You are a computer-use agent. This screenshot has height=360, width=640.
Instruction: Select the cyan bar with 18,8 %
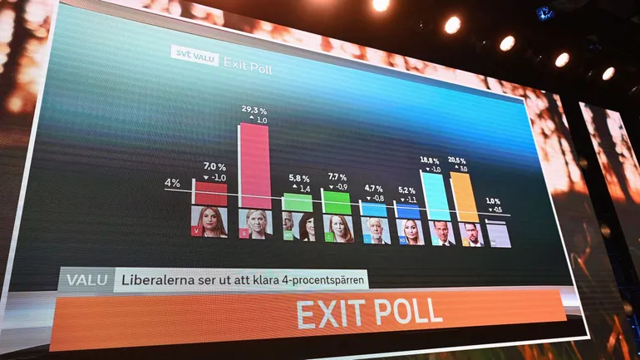pyautogui.click(x=436, y=196)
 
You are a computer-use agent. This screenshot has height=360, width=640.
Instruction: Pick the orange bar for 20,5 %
pyautogui.click(x=465, y=197)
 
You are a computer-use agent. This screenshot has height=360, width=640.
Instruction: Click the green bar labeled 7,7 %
pyautogui.click(x=337, y=201)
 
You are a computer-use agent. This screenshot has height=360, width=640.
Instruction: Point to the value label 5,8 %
pyautogui.click(x=299, y=178)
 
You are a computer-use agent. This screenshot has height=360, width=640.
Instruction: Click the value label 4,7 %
pyautogui.click(x=374, y=189)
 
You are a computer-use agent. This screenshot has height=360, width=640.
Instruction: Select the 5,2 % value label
pyautogui.click(x=406, y=190)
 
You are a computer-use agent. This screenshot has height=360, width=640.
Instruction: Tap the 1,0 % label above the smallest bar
pyautogui.click(x=493, y=201)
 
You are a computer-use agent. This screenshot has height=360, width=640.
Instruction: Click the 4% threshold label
pyautogui.click(x=172, y=183)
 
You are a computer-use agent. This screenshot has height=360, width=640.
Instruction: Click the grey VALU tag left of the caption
pyautogui.click(x=86, y=279)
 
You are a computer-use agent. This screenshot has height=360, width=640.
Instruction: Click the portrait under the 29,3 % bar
pyautogui.click(x=254, y=224)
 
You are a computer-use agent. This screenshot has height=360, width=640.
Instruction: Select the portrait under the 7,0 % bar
pyautogui.click(x=209, y=221)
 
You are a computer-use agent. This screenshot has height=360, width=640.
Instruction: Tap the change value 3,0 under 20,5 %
pyautogui.click(x=463, y=169)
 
